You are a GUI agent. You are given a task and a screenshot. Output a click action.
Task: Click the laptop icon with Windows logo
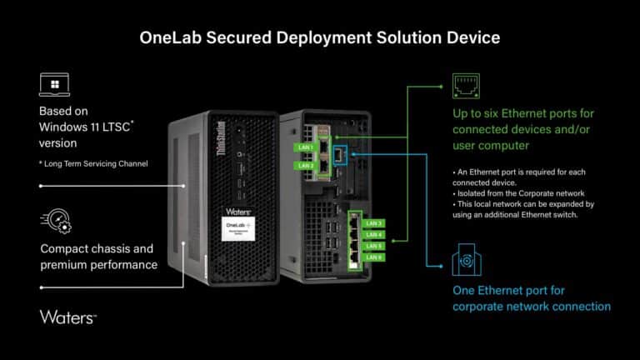click(x=54, y=85)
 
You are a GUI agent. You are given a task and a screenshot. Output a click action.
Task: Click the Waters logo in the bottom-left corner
click(x=68, y=317)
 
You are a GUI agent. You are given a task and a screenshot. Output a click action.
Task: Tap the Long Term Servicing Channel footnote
click(x=93, y=163)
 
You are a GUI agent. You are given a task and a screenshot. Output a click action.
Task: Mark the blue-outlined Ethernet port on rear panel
click(x=340, y=155)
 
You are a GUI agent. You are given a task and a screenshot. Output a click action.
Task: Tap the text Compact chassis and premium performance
click(x=98, y=257)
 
